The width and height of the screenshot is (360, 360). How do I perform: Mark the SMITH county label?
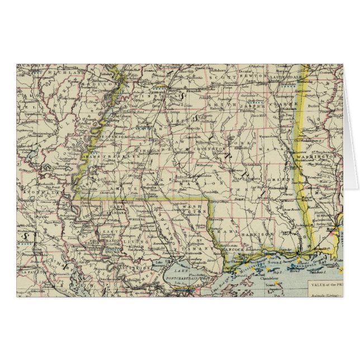click(x=218, y=105)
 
